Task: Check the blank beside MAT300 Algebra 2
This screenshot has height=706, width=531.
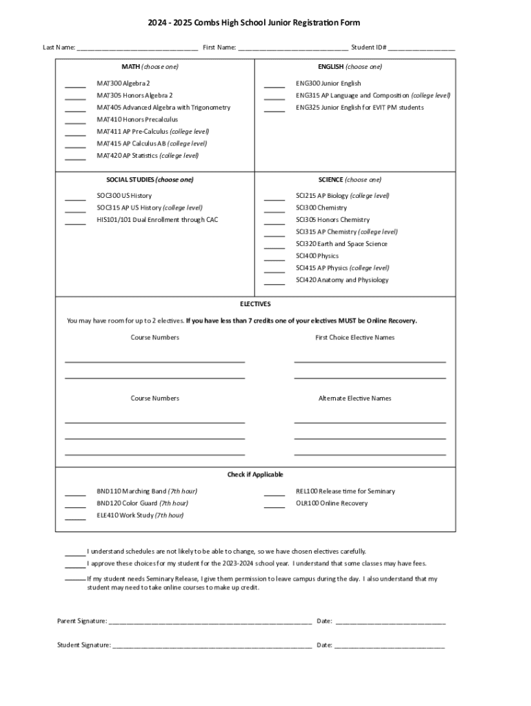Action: (75, 86)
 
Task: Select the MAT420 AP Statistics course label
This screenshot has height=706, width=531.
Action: (148, 156)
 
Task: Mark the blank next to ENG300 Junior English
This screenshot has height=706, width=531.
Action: (274, 86)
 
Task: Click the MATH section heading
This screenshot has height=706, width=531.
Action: (150, 67)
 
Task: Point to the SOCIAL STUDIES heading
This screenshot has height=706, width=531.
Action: (145, 180)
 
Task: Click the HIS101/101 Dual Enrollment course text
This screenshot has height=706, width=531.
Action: (157, 220)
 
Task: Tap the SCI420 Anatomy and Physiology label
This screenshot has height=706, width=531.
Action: (342, 280)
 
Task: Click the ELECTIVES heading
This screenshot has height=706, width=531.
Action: (255, 304)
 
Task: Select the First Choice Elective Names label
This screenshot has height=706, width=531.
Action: (355, 338)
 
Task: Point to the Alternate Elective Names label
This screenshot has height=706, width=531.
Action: (354, 399)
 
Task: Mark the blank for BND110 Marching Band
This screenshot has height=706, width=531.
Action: (75, 494)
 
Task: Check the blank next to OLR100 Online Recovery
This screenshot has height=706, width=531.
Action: (274, 506)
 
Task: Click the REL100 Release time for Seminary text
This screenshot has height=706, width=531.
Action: (345, 492)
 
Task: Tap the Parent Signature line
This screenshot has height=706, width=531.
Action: (210, 623)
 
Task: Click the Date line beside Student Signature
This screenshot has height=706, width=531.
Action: (390, 647)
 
